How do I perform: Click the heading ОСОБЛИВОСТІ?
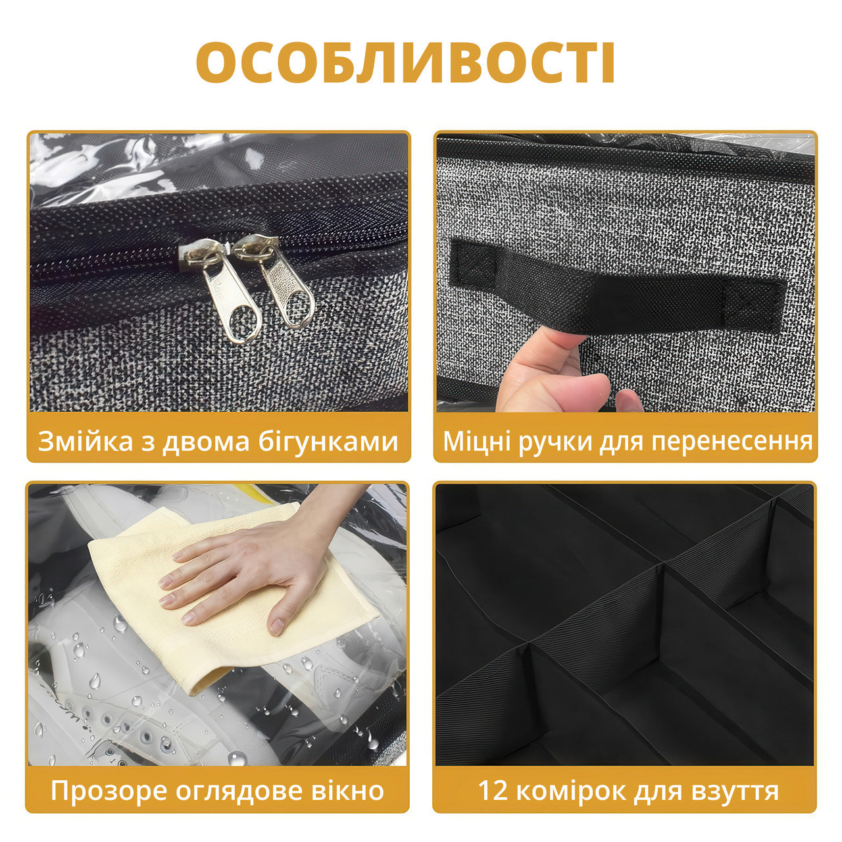405,63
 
